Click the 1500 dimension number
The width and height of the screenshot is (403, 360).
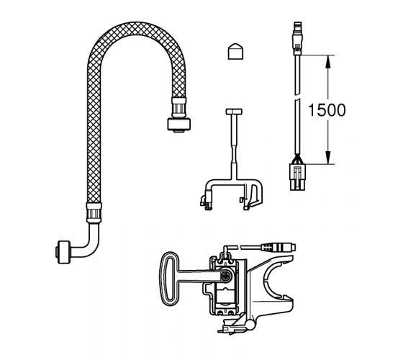(x=327, y=110)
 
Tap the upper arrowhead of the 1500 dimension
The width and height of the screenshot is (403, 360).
(x=327, y=61)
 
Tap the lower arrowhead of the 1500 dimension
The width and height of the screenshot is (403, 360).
(x=327, y=158)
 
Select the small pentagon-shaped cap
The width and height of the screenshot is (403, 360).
(x=235, y=51)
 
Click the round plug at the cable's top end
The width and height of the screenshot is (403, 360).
(x=298, y=38)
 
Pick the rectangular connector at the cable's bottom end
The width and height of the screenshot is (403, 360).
(x=298, y=177)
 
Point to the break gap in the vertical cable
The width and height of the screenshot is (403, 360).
(x=297, y=98)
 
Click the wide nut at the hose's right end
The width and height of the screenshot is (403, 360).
(x=179, y=124)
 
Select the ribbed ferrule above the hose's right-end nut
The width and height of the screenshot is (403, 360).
(x=178, y=107)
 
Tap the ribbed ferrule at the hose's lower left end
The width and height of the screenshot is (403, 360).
(x=94, y=212)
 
